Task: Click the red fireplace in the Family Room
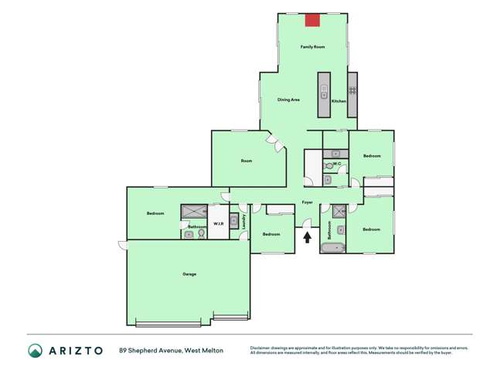(312, 20)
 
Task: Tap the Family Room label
(312, 47)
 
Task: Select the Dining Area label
(289, 100)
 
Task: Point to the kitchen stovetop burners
(352, 90)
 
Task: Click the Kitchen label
(339, 101)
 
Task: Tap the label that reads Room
(246, 161)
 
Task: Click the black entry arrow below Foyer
(308, 238)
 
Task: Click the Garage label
(189, 274)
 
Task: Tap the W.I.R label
(218, 226)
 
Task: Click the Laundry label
(244, 222)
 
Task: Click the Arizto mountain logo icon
(35, 351)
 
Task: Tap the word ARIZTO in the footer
(77, 351)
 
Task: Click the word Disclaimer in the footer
(262, 348)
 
